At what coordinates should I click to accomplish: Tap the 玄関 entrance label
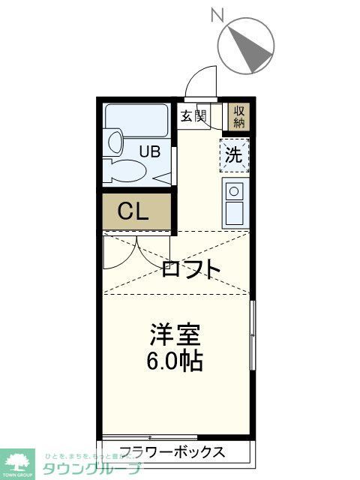tap(193, 115)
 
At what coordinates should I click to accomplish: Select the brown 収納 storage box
tap(239, 116)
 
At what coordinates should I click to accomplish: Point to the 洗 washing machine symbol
tap(235, 157)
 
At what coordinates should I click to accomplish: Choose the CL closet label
tap(132, 211)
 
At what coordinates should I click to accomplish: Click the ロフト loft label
tap(191, 268)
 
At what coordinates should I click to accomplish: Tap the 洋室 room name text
tap(177, 332)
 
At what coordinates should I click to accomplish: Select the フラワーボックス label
tap(172, 452)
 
